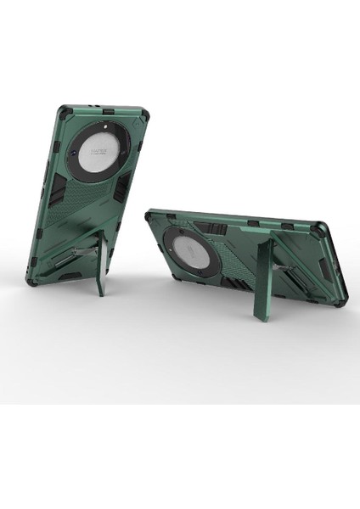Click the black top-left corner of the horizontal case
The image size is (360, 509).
pyautogui.click(x=152, y=215)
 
